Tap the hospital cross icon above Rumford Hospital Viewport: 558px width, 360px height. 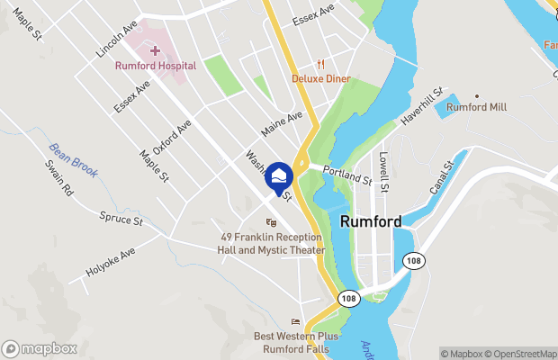pyautogui.click(x=155, y=49)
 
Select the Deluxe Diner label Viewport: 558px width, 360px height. pyautogui.click(x=319, y=77)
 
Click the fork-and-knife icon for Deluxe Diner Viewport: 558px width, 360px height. pyautogui.click(x=319, y=63)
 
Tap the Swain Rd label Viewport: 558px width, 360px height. pyautogui.click(x=60, y=178)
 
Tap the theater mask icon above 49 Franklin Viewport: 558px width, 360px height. pyautogui.click(x=270, y=223)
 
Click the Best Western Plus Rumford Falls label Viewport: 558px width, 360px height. pyautogui.click(x=296, y=343)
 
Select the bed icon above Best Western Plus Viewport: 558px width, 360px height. pyautogui.click(x=295, y=322)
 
